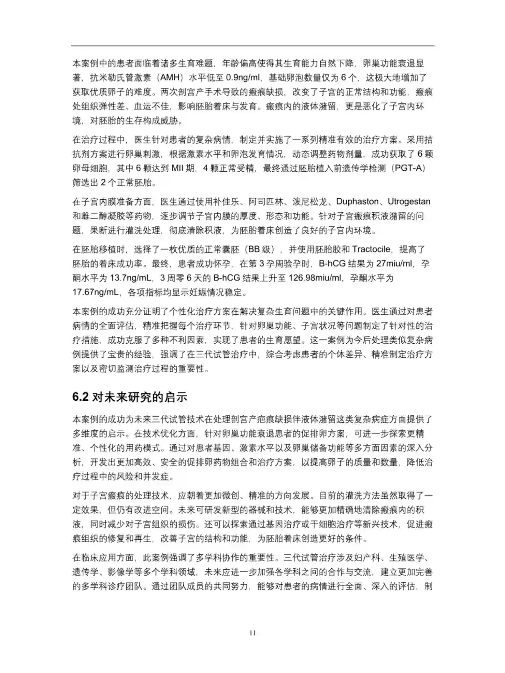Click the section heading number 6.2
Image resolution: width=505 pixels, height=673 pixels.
[80, 397]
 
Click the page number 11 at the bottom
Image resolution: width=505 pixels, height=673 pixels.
[252, 633]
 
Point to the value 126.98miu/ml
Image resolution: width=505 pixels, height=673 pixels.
[315, 278]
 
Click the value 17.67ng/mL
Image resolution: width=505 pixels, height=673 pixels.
[95, 292]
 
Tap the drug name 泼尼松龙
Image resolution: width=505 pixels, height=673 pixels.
[305, 202]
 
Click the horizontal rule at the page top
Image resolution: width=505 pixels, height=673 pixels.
[252, 46]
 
